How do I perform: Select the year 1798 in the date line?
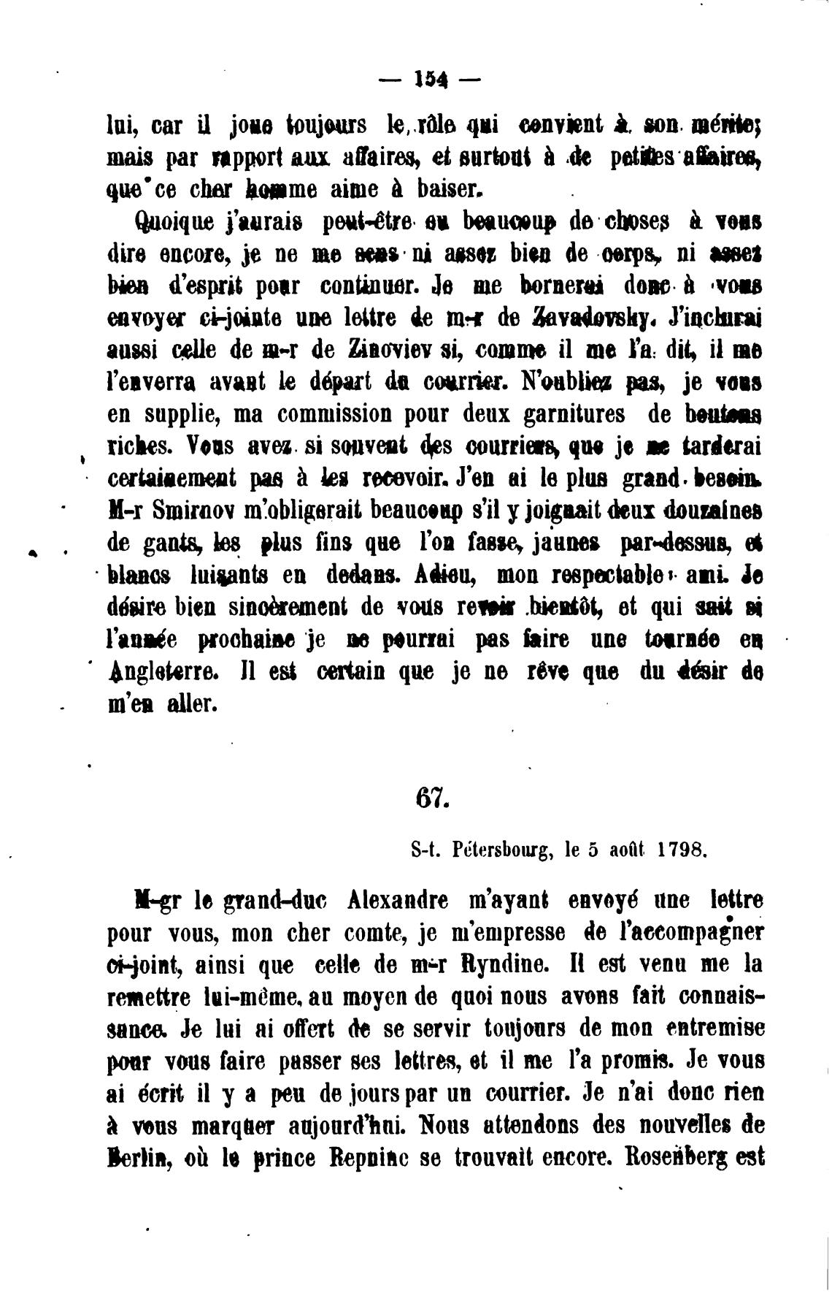(681, 850)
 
